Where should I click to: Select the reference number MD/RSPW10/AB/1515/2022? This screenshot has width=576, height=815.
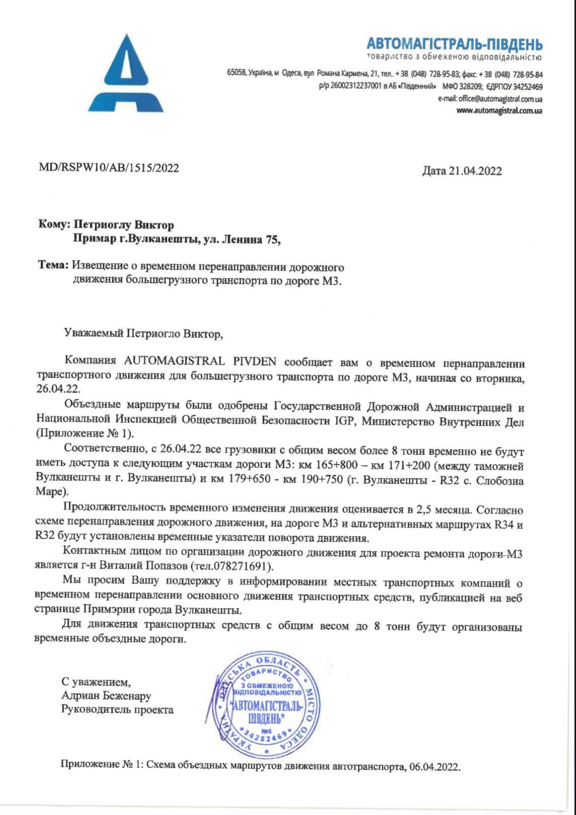(109, 168)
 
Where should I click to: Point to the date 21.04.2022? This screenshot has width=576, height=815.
(475, 171)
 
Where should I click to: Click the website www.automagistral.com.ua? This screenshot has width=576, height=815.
(499, 111)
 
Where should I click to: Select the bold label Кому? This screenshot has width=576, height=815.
(54, 225)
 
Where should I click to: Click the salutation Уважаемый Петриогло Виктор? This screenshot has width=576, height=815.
(142, 334)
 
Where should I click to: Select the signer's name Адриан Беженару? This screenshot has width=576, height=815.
(106, 696)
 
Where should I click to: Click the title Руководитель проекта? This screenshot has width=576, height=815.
(117, 710)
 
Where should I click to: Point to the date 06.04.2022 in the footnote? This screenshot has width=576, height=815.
(434, 767)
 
